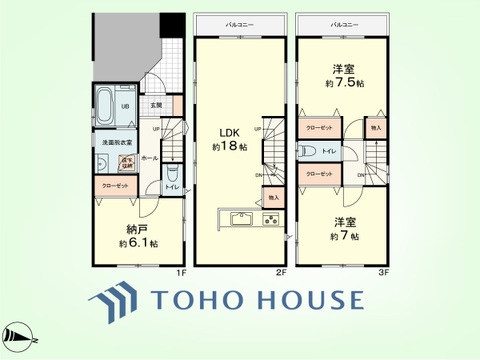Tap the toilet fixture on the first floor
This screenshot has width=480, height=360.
[172, 173]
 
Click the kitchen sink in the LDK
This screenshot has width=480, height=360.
[242, 220]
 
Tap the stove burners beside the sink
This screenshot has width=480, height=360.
[272, 220]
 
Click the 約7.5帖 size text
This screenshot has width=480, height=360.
[345, 83]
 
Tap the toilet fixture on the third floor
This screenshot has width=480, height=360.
[308, 151]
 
